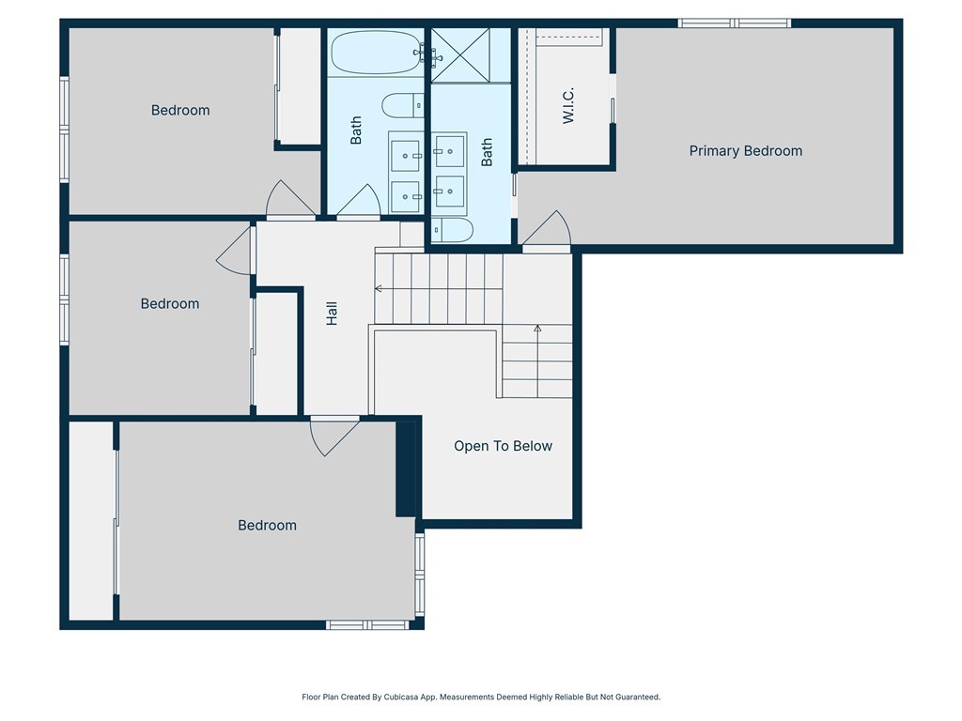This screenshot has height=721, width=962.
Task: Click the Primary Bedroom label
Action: (x=746, y=151)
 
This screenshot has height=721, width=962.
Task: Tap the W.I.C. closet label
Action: (x=568, y=105)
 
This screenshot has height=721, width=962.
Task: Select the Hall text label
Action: (x=332, y=314)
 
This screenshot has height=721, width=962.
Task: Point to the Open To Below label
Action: (x=503, y=446)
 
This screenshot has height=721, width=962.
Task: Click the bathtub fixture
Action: (x=375, y=53)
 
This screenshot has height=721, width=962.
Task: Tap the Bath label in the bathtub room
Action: (x=356, y=130)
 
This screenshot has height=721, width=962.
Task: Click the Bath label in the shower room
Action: (x=487, y=152)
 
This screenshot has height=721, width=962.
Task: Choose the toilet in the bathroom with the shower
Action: (x=452, y=231)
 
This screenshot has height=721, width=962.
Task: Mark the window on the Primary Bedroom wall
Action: (x=735, y=23)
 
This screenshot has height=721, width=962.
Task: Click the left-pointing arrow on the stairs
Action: (x=379, y=289)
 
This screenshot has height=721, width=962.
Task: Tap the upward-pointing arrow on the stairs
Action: (x=537, y=330)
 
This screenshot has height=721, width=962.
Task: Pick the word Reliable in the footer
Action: (x=562, y=698)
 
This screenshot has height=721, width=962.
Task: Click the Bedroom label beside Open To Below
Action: (x=267, y=526)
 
